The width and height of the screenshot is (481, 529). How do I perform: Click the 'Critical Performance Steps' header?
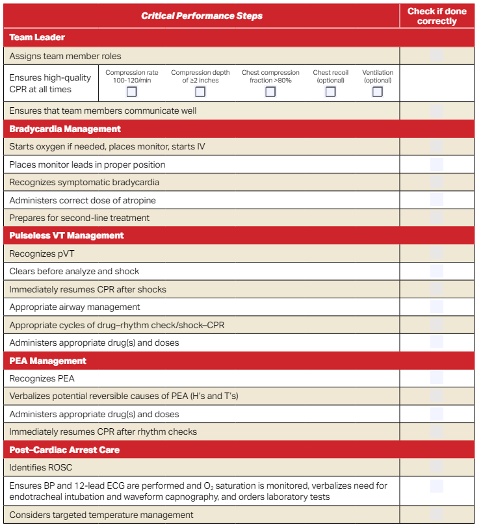(x=201, y=16)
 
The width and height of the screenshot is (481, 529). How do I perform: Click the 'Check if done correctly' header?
(x=437, y=16)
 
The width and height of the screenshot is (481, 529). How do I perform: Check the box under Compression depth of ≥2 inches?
(x=200, y=92)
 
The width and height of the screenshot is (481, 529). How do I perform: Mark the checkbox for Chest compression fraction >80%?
(x=270, y=92)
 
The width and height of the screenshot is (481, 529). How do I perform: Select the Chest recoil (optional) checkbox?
(x=330, y=92)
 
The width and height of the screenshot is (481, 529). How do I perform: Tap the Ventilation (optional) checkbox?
(x=378, y=92)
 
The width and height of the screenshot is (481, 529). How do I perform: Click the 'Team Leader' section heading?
(x=37, y=38)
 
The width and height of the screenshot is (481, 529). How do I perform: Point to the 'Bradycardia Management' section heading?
(x=65, y=129)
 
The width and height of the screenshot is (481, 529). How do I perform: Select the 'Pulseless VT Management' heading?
(x=66, y=235)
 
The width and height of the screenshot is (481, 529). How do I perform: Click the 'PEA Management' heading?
(x=48, y=361)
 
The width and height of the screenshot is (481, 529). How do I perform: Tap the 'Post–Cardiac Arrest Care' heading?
(x=64, y=450)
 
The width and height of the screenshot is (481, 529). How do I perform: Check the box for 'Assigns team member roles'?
(x=437, y=56)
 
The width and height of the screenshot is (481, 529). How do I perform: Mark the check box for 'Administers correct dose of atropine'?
(x=437, y=200)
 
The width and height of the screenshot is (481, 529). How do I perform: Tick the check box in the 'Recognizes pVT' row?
(x=437, y=253)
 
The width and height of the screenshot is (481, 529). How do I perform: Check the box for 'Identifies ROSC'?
(x=437, y=467)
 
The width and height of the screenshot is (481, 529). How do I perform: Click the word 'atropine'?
(x=139, y=200)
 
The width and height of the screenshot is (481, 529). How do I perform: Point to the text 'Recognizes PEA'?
(x=42, y=378)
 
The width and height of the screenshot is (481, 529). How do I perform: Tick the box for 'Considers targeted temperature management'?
(x=437, y=515)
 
